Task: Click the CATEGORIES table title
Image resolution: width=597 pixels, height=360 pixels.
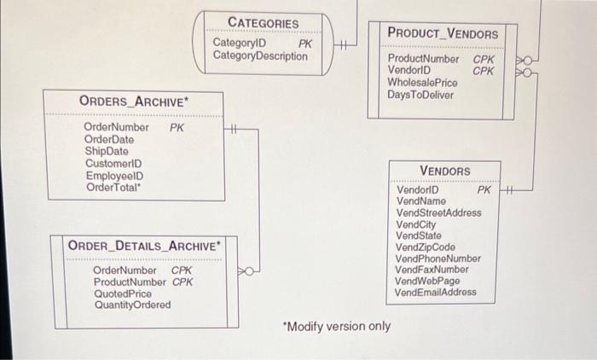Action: [263, 23]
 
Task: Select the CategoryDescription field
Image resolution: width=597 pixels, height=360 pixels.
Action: [260, 56]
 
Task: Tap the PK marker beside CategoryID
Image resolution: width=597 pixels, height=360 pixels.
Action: [304, 43]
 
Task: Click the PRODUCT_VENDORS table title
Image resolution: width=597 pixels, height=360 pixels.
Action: [443, 33]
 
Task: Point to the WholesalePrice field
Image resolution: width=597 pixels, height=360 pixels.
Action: [422, 83]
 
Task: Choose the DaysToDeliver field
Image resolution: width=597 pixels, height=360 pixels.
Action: [420, 95]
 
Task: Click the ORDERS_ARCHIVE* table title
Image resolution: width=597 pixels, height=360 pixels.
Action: [134, 101]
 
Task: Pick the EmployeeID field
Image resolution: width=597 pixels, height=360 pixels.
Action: [113, 176]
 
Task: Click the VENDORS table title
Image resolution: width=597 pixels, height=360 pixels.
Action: [444, 171]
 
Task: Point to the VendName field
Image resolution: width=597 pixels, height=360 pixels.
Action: [421, 201]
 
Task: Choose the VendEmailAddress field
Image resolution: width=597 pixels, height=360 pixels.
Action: [436, 293]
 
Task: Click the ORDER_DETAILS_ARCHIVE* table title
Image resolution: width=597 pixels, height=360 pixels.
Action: [144, 246]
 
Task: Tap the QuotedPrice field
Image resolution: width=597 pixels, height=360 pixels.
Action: [122, 293]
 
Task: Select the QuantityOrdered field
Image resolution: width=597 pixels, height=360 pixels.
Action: [131, 305]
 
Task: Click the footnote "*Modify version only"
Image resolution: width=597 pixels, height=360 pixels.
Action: [336, 327]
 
